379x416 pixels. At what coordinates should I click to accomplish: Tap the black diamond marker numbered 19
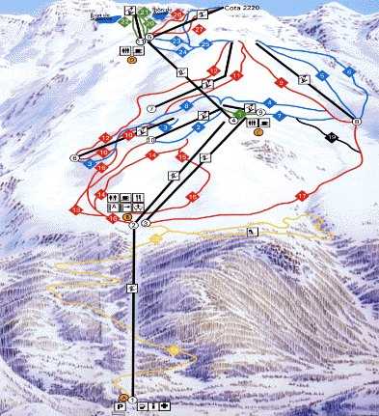point(333,138)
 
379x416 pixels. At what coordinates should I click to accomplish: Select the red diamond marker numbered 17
point(302,196)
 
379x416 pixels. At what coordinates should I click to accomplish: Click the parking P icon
point(121,407)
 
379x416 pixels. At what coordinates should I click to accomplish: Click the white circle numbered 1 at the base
point(134,400)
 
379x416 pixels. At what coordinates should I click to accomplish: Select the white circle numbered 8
point(356,122)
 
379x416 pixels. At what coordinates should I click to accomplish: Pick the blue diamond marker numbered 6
point(348,72)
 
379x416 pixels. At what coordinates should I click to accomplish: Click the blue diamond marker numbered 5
point(323,75)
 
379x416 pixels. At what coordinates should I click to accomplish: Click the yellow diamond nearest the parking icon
point(173,347)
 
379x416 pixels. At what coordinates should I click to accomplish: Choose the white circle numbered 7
point(152,108)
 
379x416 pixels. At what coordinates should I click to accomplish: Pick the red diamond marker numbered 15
point(182,156)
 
